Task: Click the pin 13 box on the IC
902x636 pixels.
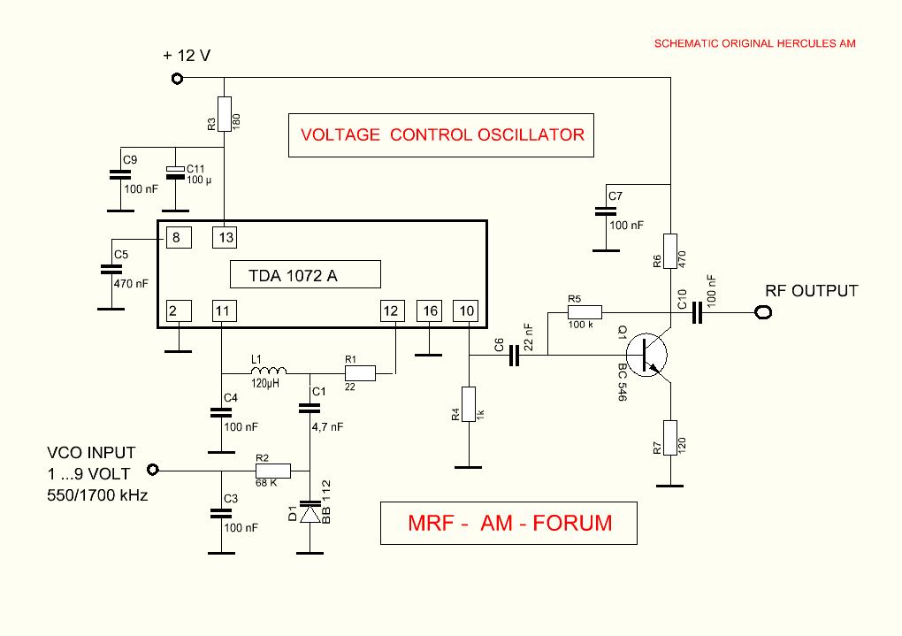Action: coord(225,237)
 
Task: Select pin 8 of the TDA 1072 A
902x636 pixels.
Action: coord(176,237)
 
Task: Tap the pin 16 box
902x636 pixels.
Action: coord(429,310)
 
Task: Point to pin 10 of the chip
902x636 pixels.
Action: coord(465,310)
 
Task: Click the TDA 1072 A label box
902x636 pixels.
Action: coord(305,275)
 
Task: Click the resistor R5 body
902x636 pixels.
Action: coord(585,311)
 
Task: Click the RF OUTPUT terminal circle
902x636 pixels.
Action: coord(762,312)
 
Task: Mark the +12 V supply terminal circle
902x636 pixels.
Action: coord(177,79)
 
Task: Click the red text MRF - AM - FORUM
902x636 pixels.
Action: coord(509,523)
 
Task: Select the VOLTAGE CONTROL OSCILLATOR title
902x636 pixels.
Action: coord(442,135)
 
